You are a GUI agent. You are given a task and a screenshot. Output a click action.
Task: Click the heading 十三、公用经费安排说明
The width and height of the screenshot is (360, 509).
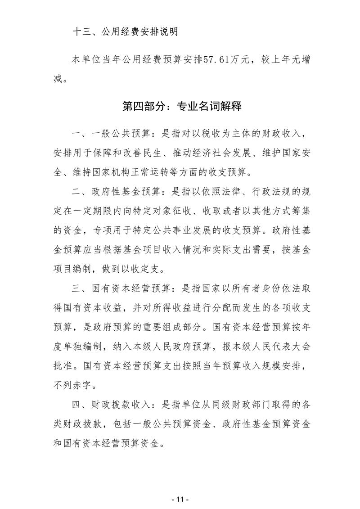tap(126, 32)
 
